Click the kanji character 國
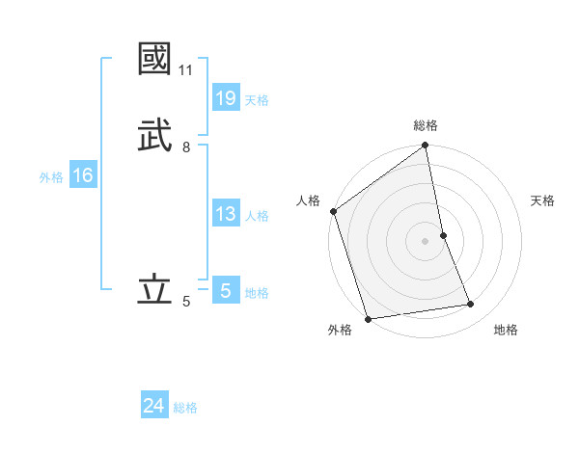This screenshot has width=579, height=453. pyautogui.click(x=154, y=59)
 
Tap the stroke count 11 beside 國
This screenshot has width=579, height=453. pyautogui.click(x=185, y=70)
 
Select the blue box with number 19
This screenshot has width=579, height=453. pyautogui.click(x=226, y=98)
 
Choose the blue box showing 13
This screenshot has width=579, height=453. pyautogui.click(x=226, y=214)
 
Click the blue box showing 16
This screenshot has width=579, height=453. pyautogui.click(x=83, y=175)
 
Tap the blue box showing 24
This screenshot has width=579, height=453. pyautogui.click(x=154, y=406)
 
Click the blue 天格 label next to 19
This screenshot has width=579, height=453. pyautogui.click(x=257, y=100)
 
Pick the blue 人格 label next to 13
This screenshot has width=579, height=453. pyautogui.click(x=257, y=216)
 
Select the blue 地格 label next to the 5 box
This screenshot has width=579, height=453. pyautogui.click(x=257, y=293)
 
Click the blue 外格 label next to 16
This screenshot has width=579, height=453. pyautogui.click(x=51, y=177)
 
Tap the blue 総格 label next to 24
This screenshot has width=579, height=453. pyautogui.click(x=185, y=408)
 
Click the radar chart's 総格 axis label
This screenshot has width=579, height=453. pyautogui.click(x=426, y=125)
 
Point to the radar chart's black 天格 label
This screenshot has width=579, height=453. pyautogui.click(x=543, y=200)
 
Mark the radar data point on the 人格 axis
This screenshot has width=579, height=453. pyautogui.click(x=334, y=211)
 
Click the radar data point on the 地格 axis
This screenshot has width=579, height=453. pyautogui.click(x=471, y=305)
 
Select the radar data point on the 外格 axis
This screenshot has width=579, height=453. pyautogui.click(x=368, y=318)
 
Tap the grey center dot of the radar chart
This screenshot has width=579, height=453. pyautogui.click(x=426, y=240)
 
